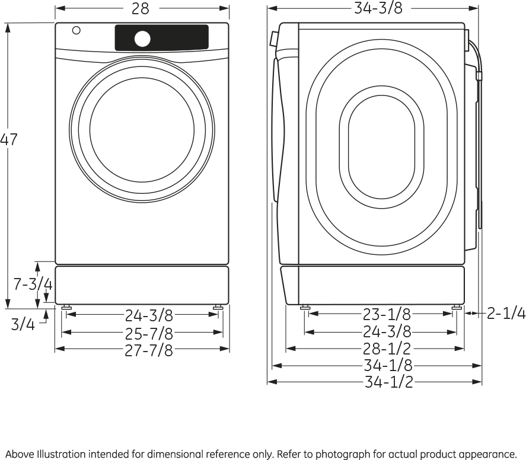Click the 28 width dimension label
pos(141,9)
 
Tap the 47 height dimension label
pos(8,140)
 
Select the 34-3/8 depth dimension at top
pos(378,8)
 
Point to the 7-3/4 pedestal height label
pos(33,285)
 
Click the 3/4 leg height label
pos(23,325)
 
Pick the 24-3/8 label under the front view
pos(149,315)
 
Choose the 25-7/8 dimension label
pos(149,333)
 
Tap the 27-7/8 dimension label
pos(149,350)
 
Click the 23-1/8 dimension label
pos(387,314)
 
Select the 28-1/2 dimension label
pos(387,349)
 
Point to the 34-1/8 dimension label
pos(388,366)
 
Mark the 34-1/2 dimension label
pos(388,382)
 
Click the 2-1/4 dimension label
pos(506,314)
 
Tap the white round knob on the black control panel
pos(142,39)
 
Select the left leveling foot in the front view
pos(66,308)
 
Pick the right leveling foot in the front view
pos(218,308)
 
